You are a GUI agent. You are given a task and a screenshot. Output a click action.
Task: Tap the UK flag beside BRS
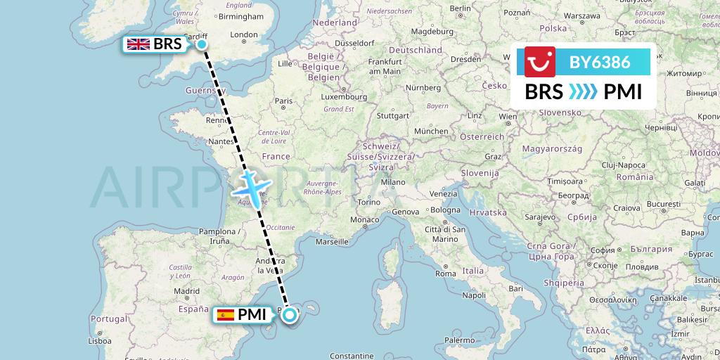pyautogui.click(x=138, y=44)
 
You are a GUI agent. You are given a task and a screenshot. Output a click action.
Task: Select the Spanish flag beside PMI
pyautogui.click(x=226, y=315)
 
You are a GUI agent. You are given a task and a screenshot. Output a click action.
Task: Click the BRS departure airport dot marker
pyautogui.click(x=202, y=44)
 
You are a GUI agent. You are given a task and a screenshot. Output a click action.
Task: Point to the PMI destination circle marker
pyautogui.click(x=290, y=315)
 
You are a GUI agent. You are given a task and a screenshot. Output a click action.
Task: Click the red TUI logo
pyautogui.click(x=540, y=62)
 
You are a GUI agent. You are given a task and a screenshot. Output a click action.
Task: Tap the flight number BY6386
pyautogui.click(x=599, y=63)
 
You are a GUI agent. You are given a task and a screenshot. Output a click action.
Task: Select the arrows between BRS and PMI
pyautogui.click(x=583, y=92)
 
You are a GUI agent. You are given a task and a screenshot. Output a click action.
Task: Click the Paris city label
pyautogui.click(x=283, y=101)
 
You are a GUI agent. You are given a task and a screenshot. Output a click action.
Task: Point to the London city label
pyautogui.click(x=244, y=34)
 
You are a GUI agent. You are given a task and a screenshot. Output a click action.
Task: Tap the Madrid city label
pyautogui.click(x=182, y=290)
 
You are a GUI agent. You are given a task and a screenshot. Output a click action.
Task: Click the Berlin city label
pyautogui.click(x=460, y=8)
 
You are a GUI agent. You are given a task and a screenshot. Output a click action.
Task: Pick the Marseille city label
pyautogui.click(x=333, y=241)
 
